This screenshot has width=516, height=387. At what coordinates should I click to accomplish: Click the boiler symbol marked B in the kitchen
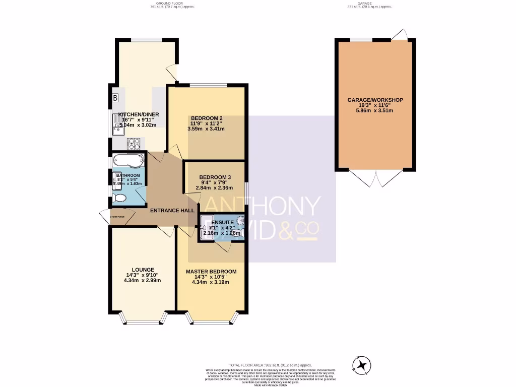tap(115, 97)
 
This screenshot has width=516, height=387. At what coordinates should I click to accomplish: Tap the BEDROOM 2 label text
tap(206, 118)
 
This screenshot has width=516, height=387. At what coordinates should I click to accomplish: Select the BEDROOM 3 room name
tap(215, 177)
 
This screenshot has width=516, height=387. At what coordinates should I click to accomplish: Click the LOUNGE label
tap(143, 270)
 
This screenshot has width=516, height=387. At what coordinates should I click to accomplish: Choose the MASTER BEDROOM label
tap(211, 272)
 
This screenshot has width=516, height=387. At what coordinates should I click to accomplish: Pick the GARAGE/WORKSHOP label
tap(375, 100)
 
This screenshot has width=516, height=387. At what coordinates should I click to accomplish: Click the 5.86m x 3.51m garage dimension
tap(375, 111)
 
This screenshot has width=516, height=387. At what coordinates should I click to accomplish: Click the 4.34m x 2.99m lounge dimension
tap(143, 281)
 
